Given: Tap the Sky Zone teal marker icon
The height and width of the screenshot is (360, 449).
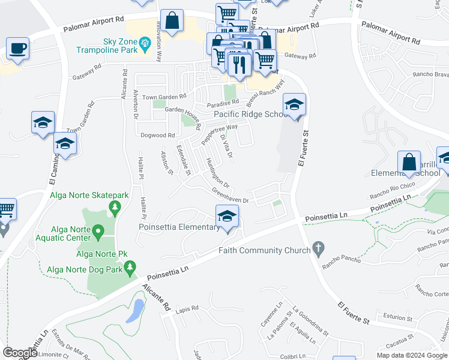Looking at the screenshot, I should (145, 43).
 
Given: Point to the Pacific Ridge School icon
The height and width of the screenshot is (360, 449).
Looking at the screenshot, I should (294, 104).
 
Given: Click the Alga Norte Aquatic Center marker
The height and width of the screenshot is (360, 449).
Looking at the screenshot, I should (97, 230).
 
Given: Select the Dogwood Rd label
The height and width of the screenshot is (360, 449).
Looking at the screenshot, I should (157, 136).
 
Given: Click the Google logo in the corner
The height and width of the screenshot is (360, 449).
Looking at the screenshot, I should (20, 353).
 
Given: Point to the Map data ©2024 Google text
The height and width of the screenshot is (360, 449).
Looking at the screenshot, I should (411, 355).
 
